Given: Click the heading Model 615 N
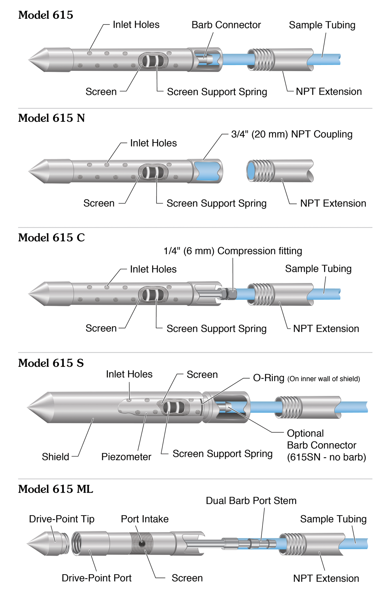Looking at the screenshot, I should coord(51,118).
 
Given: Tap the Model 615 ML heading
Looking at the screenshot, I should coord(55,489).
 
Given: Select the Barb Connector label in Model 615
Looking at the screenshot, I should coord(226,25).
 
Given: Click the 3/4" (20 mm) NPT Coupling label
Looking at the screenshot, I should coord(292,134).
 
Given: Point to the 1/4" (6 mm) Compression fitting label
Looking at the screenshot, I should coord(233,251).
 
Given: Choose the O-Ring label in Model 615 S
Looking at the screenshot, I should coord(268,378).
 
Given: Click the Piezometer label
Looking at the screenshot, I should coord(126,457).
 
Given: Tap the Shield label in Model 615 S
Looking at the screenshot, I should coord(55,457).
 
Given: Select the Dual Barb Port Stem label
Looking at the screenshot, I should coord(251,501).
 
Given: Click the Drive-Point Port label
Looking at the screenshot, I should coord(96,578).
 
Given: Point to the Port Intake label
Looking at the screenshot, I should coord(145,519).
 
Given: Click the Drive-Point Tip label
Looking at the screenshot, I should coord(62,519).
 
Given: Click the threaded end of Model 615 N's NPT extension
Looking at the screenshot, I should coord(261,171).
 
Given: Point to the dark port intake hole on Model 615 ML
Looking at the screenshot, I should coord(141,543).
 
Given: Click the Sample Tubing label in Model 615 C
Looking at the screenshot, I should coord(318,269).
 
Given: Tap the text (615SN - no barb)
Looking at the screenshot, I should coord(326,457).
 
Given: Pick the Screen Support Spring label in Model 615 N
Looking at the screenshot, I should coord(216,203).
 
